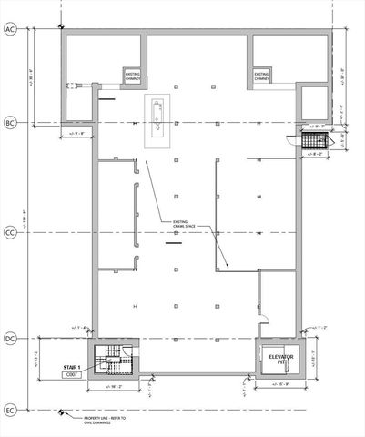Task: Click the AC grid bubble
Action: click(11, 30)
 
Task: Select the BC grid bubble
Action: click(11, 121)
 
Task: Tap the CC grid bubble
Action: click(11, 234)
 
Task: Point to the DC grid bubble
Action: click(11, 339)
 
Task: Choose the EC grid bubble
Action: click(11, 410)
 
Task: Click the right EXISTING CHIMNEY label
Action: click(262, 76)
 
